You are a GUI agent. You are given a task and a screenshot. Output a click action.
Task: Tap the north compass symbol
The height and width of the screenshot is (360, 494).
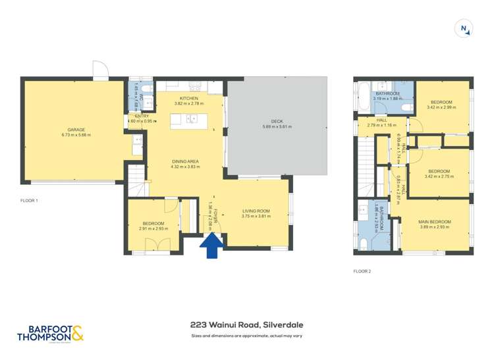(465, 28)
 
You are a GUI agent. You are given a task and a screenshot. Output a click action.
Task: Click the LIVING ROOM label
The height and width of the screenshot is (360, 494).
(256, 211)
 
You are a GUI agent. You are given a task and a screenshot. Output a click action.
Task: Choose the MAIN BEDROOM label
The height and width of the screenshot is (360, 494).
(435, 222)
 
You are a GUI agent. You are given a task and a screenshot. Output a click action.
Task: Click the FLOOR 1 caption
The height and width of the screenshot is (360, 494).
(29, 199)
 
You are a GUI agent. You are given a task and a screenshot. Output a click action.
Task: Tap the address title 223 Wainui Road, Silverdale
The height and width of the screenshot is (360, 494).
(246, 324)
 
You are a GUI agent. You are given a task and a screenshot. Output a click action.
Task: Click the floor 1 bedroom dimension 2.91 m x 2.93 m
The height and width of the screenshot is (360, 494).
(154, 229)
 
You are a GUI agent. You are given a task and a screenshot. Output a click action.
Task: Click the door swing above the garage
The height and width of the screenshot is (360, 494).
(100, 69)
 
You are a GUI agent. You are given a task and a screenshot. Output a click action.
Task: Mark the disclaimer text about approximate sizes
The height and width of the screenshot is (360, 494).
(246, 336)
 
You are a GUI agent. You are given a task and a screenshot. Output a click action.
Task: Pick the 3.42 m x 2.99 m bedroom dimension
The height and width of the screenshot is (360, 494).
(441, 108)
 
